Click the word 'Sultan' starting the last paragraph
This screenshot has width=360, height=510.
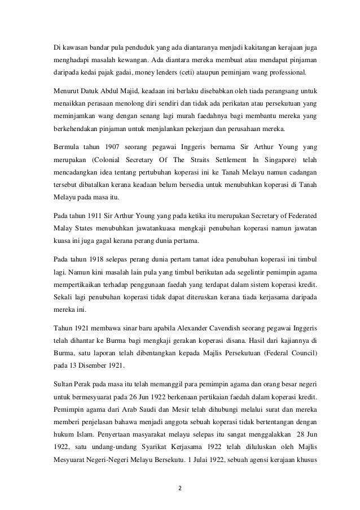click(56, 382)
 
